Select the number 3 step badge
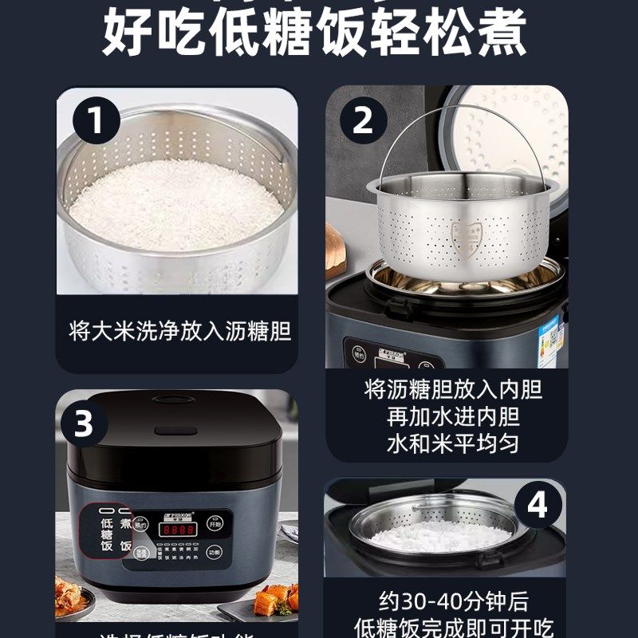84,423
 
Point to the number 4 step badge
538,506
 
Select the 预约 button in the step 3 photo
141,525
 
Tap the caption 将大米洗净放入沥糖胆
179,332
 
